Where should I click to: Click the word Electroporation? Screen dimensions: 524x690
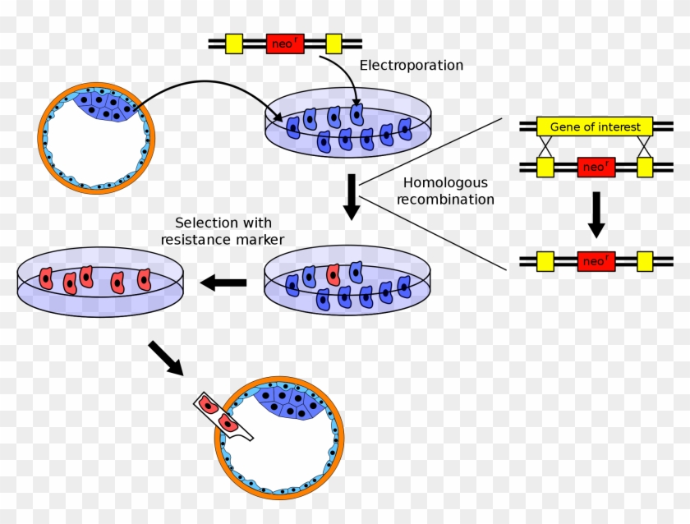point(412,65)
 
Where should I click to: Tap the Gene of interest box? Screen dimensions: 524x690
point(595,126)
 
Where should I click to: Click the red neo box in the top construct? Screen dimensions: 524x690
point(285,44)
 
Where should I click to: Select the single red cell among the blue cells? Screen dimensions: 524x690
point(333,274)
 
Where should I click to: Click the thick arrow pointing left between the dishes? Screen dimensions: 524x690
point(224,283)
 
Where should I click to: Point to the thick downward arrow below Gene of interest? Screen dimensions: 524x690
point(597,213)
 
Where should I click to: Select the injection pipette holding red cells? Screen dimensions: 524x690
point(220,416)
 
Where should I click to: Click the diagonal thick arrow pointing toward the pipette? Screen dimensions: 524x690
point(167,358)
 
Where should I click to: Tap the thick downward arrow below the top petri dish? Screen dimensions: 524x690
point(352,196)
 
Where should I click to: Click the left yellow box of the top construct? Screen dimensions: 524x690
point(234,44)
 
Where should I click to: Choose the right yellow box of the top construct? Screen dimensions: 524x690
point(333,44)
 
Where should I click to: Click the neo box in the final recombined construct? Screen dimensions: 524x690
point(596,261)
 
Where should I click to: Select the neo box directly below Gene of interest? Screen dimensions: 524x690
point(596,168)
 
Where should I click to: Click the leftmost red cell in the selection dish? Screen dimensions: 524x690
point(46,279)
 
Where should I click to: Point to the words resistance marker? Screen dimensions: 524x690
point(223,240)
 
